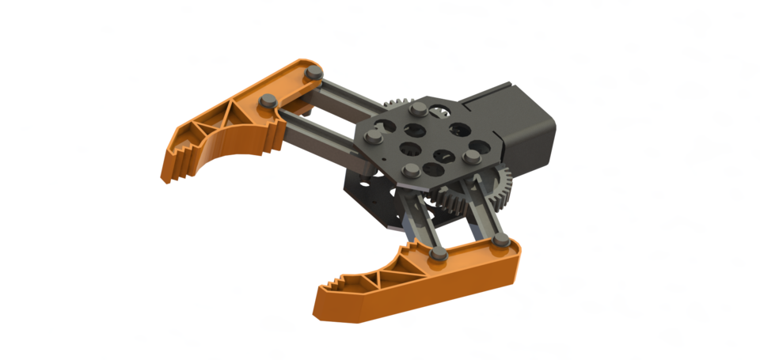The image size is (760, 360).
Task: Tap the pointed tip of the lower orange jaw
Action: (x=321, y=313)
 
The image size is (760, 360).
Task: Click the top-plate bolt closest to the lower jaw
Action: (x=409, y=169)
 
